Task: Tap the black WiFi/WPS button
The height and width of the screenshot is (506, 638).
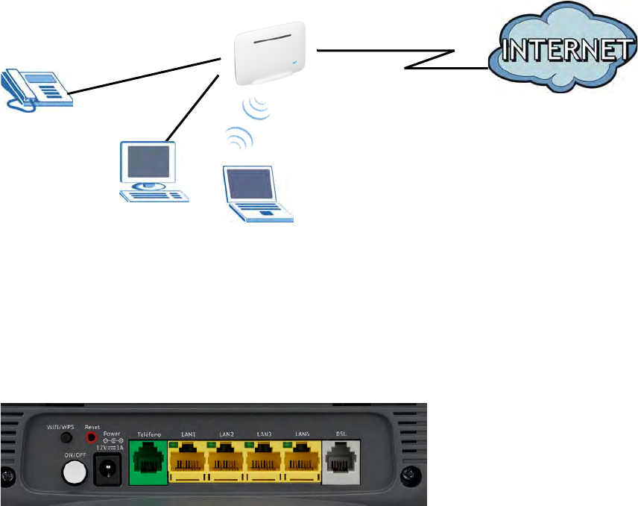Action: tap(66, 438)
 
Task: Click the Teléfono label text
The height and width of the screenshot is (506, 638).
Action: tap(149, 433)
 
